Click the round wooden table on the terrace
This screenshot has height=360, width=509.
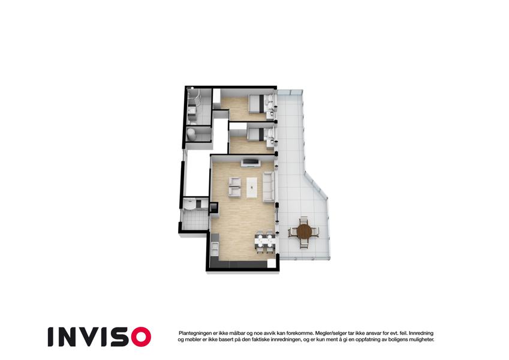[304, 232]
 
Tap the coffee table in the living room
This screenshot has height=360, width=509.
[252, 187]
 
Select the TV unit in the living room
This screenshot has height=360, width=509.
[251, 162]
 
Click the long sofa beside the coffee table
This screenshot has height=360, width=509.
[268, 187]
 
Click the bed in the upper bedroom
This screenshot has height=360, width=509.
[261, 103]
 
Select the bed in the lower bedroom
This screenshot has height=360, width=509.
[260, 134]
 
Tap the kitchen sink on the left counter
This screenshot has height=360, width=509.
[215, 248]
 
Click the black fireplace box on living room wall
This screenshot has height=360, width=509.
[214, 208]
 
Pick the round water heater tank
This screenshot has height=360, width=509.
[191, 134]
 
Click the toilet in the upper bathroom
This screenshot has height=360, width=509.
[192, 121]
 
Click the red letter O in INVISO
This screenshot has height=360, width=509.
[141, 337]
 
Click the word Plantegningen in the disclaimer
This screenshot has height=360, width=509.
[195, 333]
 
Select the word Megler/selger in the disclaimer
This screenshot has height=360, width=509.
[330, 333]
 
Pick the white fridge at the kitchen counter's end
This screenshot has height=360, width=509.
[271, 263]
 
